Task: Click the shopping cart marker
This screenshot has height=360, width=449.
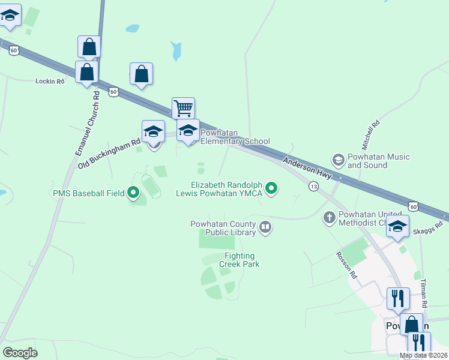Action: tap(183, 109)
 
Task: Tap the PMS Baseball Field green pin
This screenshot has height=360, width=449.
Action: tap(133, 193)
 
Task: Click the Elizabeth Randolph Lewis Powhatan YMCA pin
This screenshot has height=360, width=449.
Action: tap(271, 189)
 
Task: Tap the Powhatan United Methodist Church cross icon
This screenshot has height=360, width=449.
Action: tap(329, 218)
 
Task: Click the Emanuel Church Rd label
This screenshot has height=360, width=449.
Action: tap(88, 124)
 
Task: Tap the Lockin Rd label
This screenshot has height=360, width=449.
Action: tap(50, 81)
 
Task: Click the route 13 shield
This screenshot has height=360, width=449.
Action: tap(313, 187)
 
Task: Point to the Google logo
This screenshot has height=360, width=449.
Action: tap(20, 352)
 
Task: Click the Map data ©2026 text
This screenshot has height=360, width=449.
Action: tap(423, 355)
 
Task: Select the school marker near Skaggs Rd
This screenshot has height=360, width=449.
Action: tap(397, 227)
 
